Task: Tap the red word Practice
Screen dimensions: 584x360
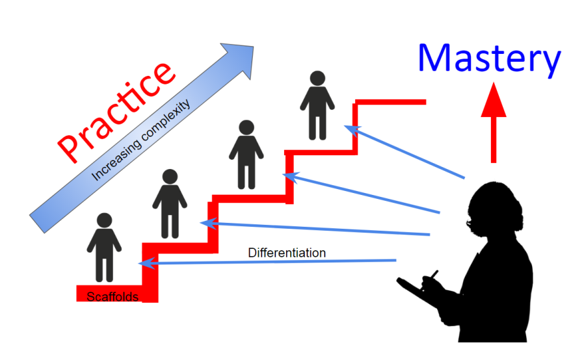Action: [116, 112]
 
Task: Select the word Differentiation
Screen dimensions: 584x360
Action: [287, 253]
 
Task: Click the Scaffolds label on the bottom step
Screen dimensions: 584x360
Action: [113, 297]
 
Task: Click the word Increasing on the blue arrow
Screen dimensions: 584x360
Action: [116, 161]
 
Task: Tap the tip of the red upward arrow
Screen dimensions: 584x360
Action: [494, 83]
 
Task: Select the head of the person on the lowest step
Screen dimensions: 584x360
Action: [104, 220]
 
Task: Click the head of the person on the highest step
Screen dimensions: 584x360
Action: [317, 78]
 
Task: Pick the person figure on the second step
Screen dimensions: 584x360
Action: [170, 204]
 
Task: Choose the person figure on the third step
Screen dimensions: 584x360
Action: [246, 155]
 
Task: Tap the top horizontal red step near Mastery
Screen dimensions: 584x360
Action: [390, 102]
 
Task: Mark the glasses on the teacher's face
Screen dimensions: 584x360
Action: [470, 224]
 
